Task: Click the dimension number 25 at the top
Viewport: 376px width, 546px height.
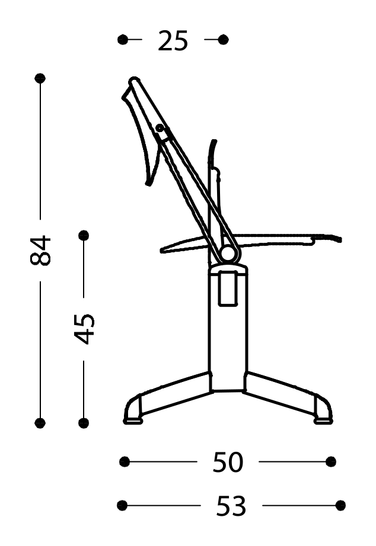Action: click(173, 41)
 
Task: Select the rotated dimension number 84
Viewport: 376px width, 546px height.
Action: click(42, 250)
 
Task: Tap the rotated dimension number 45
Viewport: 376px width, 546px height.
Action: click(84, 328)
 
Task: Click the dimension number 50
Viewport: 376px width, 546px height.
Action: click(228, 463)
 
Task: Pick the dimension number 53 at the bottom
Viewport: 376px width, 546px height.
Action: click(231, 506)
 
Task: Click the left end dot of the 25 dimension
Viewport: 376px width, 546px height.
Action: click(123, 40)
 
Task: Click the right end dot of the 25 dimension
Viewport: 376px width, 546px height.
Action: click(223, 40)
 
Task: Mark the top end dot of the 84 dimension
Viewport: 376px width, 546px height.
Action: click(40, 78)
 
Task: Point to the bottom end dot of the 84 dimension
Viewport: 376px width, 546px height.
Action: click(40, 423)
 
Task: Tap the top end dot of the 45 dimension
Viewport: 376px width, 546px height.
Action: click(84, 235)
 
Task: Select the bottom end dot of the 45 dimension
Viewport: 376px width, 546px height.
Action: click(84, 423)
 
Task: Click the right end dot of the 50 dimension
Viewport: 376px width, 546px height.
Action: click(331, 461)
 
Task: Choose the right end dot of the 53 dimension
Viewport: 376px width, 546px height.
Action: click(340, 505)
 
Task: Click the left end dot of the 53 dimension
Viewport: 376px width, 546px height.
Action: click(122, 505)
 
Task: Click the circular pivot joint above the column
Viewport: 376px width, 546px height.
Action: click(227, 254)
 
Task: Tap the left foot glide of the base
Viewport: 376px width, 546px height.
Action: click(133, 421)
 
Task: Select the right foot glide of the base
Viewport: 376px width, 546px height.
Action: click(323, 421)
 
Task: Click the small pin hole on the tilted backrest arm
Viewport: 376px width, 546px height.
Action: click(159, 127)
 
